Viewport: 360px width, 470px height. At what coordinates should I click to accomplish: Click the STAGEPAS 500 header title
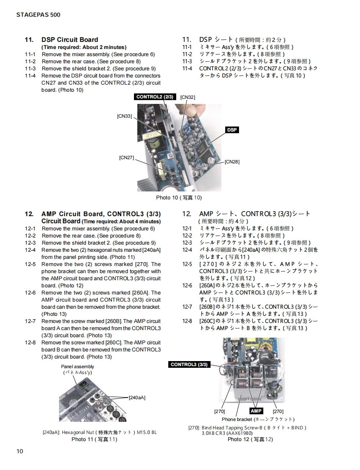38,15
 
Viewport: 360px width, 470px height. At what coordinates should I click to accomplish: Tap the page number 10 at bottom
20,451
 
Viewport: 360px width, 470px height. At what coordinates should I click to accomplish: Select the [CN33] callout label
124,116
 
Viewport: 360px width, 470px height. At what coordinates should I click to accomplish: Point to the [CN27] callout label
126,158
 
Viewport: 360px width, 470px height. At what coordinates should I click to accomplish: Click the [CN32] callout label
188,97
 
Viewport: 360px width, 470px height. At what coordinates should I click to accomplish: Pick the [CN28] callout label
232,161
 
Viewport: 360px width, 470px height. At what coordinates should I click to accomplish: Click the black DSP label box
232,130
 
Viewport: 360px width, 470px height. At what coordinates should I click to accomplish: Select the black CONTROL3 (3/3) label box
189,364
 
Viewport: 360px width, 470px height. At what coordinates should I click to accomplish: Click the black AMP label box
256,411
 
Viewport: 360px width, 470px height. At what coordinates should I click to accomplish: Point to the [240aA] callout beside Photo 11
137,397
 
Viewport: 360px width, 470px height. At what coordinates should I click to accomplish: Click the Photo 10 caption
179,198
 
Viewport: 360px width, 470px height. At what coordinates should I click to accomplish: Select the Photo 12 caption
250,439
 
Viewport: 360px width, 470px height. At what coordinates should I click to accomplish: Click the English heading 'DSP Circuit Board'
69,40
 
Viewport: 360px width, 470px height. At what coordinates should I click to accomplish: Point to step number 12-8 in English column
30,343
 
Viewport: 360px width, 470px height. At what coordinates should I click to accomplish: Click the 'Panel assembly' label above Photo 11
77,367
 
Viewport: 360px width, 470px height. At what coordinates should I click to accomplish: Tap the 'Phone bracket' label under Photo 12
237,419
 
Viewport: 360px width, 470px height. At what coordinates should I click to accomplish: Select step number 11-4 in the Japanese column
187,69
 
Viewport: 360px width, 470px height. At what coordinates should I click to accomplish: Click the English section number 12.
29,214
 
